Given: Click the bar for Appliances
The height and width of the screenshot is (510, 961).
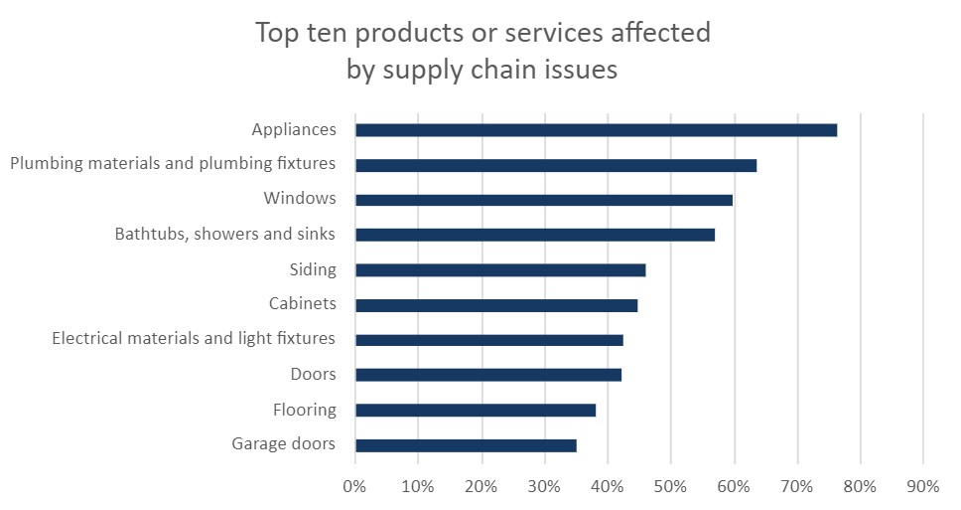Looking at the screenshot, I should pyautogui.click(x=596, y=130).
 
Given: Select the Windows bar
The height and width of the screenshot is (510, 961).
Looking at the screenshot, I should pyautogui.click(x=543, y=200).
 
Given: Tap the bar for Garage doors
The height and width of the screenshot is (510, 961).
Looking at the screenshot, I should pyautogui.click(x=466, y=445).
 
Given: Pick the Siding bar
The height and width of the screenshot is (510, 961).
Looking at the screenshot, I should pyautogui.click(x=500, y=270).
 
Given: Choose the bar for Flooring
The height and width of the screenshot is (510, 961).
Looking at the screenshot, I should pyautogui.click(x=476, y=410).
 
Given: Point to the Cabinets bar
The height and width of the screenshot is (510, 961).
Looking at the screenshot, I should pyautogui.click(x=496, y=305).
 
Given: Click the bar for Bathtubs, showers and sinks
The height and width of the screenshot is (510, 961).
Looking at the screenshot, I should pyautogui.click(x=535, y=235).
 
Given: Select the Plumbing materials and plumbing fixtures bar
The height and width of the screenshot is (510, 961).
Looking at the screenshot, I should pyautogui.click(x=556, y=165).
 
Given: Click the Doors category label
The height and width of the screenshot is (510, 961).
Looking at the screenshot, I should pyautogui.click(x=313, y=375).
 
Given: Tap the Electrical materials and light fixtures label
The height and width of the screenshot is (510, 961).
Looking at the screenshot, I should pyautogui.click(x=194, y=339).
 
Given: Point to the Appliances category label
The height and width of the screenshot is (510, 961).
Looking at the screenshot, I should pyautogui.click(x=294, y=129).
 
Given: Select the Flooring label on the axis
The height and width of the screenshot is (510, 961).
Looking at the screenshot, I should pyautogui.click(x=305, y=410).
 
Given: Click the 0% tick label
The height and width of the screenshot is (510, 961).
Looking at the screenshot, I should pyautogui.click(x=354, y=487).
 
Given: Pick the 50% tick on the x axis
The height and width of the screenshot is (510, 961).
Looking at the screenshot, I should pyautogui.click(x=670, y=487).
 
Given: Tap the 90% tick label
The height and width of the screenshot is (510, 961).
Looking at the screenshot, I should pyautogui.click(x=923, y=487).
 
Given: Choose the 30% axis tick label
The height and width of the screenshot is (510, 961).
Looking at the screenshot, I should pyautogui.click(x=544, y=487).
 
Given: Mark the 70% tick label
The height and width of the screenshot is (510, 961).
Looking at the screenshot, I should pyautogui.click(x=797, y=487).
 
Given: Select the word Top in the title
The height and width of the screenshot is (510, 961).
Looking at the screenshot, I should pyautogui.click(x=275, y=33).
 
